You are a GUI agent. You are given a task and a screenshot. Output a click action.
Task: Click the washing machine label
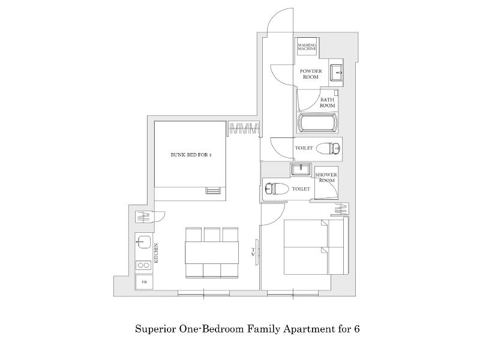tap(307, 47)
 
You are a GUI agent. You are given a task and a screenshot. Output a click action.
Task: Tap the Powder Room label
tap(311, 74)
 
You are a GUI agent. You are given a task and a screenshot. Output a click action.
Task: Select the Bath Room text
tap(327, 103)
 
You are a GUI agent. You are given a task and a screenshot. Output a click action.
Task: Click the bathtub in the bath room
tap(317, 123)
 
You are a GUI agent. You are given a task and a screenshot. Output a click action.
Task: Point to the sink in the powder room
tap(337, 73)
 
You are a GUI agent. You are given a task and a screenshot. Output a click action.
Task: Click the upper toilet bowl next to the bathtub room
tap(328, 149)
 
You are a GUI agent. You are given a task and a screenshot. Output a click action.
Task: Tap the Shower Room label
tap(326, 177)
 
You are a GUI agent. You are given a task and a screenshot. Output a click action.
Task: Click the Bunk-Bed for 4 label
tap(191, 155)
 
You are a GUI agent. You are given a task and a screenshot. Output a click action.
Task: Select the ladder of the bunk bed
tap(213, 190)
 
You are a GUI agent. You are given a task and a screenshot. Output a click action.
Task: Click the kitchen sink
tap(143, 242)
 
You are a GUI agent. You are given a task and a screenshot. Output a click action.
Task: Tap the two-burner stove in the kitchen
tap(143, 265)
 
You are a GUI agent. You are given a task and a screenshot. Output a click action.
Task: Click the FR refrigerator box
tap(144, 282)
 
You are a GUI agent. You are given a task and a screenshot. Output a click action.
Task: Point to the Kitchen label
tap(156, 253)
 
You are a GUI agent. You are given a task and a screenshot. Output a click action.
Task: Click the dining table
tap(212, 253)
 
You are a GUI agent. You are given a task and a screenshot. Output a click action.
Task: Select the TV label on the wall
tap(253, 252)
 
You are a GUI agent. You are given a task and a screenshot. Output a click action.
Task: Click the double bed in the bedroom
tap(316, 247)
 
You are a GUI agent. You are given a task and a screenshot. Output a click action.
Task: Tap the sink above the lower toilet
tap(301, 170)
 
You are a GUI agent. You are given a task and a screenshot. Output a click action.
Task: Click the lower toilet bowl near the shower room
tap(277, 188)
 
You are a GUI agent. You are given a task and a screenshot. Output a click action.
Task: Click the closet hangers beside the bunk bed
tap(244, 128)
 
